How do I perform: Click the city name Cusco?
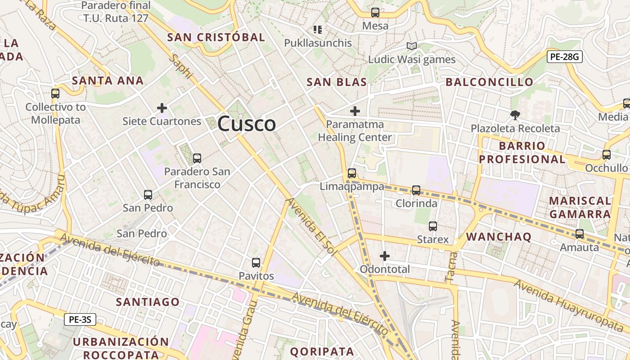coord(247,124)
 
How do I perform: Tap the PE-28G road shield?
coord(565,57)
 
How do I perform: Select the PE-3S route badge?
coord(80,320)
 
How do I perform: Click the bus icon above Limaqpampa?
coord(352,173)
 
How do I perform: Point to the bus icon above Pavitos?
coord(256,262)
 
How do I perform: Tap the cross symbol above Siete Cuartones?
coord(162,108)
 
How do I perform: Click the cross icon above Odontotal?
coord(385,256)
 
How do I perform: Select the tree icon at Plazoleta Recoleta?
coord(515,115)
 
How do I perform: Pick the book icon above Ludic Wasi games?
coord(411,46)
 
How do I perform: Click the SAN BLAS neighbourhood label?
coord(337,82)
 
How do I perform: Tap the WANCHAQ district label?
coord(499,237)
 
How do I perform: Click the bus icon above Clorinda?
coord(416,190)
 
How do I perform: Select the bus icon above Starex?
coord(433,226)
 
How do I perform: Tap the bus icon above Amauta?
coord(580,234)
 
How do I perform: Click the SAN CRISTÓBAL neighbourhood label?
coord(216,37)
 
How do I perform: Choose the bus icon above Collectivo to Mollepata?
coord(55,94)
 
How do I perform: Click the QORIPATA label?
coord(322,351)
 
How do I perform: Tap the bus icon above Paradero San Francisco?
coord(197,158)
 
